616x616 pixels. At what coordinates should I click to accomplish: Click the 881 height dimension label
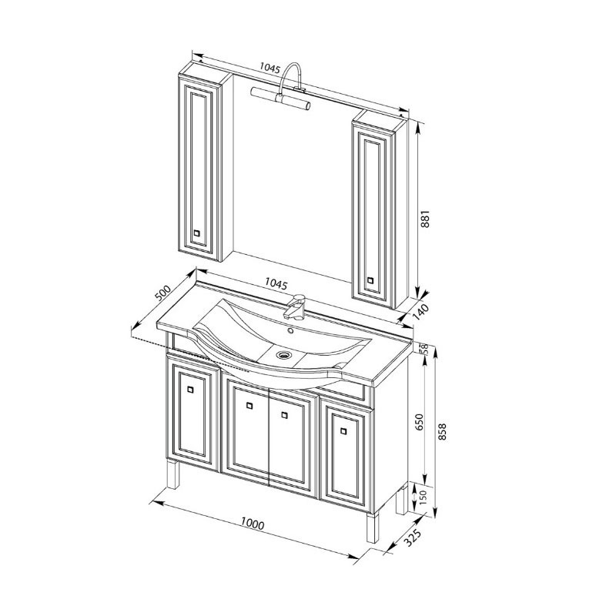[426, 219]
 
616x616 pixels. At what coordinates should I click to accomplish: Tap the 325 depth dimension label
[413, 537]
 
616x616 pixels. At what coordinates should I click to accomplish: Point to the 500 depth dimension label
[163, 293]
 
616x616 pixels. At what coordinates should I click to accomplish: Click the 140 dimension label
[420, 313]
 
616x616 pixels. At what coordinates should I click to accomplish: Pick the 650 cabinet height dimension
[420, 422]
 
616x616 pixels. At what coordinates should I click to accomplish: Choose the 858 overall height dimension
[442, 431]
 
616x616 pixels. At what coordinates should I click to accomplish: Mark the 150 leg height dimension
[423, 497]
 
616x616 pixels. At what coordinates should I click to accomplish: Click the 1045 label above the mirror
[269, 69]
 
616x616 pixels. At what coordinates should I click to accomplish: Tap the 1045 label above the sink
[276, 283]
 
